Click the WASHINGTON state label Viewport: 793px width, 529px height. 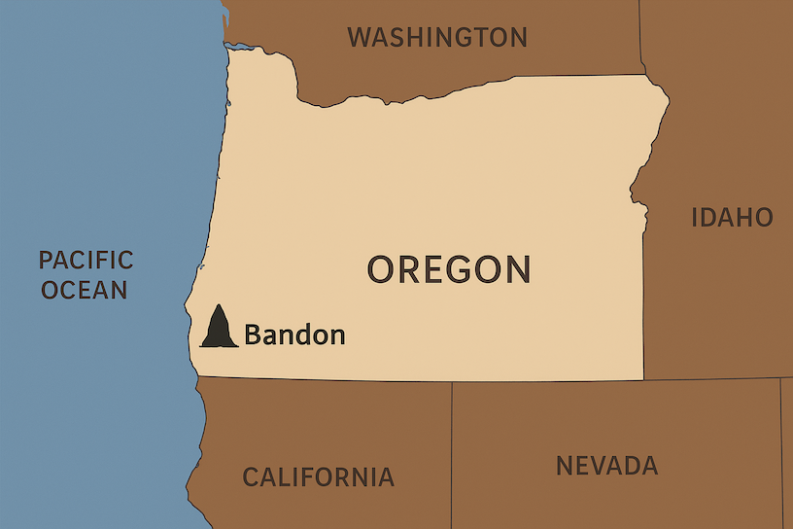[x=437, y=38]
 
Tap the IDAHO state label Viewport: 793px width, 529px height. [x=731, y=217]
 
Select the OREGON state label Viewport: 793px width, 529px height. [x=449, y=269]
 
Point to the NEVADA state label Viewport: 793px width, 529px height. [x=606, y=466]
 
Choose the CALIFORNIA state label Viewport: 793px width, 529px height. [x=318, y=477]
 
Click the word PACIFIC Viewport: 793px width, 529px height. [x=86, y=260]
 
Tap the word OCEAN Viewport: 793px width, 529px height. [x=84, y=290]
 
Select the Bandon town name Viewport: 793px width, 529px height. [x=294, y=335]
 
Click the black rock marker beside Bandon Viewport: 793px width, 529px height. [x=219, y=329]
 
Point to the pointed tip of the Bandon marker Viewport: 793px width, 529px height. [x=221, y=305]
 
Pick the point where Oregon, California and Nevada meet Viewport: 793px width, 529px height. [x=452, y=381]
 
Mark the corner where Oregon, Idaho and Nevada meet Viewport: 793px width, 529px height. [x=643, y=379]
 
